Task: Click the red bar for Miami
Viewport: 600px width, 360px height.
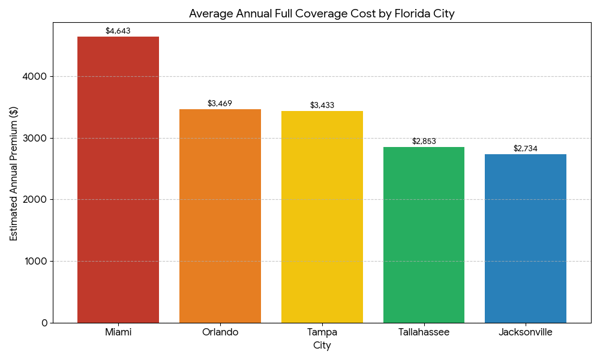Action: coord(118,180)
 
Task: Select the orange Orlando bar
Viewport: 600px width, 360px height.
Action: coord(220,216)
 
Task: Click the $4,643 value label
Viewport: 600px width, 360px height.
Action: coord(118,31)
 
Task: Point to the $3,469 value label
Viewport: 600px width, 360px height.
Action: coord(220,103)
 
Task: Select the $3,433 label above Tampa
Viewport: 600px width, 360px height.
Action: coord(322,105)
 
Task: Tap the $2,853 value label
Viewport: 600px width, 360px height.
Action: coord(424,141)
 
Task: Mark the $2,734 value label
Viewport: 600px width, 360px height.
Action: coord(526,148)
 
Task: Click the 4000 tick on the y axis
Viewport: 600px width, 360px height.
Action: coord(37,77)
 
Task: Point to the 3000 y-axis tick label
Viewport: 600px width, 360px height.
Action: coord(37,138)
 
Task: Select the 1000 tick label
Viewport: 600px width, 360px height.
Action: coord(37,261)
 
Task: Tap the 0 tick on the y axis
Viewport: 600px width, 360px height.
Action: coord(44,323)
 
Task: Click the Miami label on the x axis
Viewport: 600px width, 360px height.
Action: coord(118,332)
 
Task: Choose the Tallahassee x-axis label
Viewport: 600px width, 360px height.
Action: coord(424,332)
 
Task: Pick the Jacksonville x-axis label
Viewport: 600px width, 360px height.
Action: coord(526,332)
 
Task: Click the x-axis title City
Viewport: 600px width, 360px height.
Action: coord(322,346)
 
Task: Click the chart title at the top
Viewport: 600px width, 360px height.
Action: coord(322,13)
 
